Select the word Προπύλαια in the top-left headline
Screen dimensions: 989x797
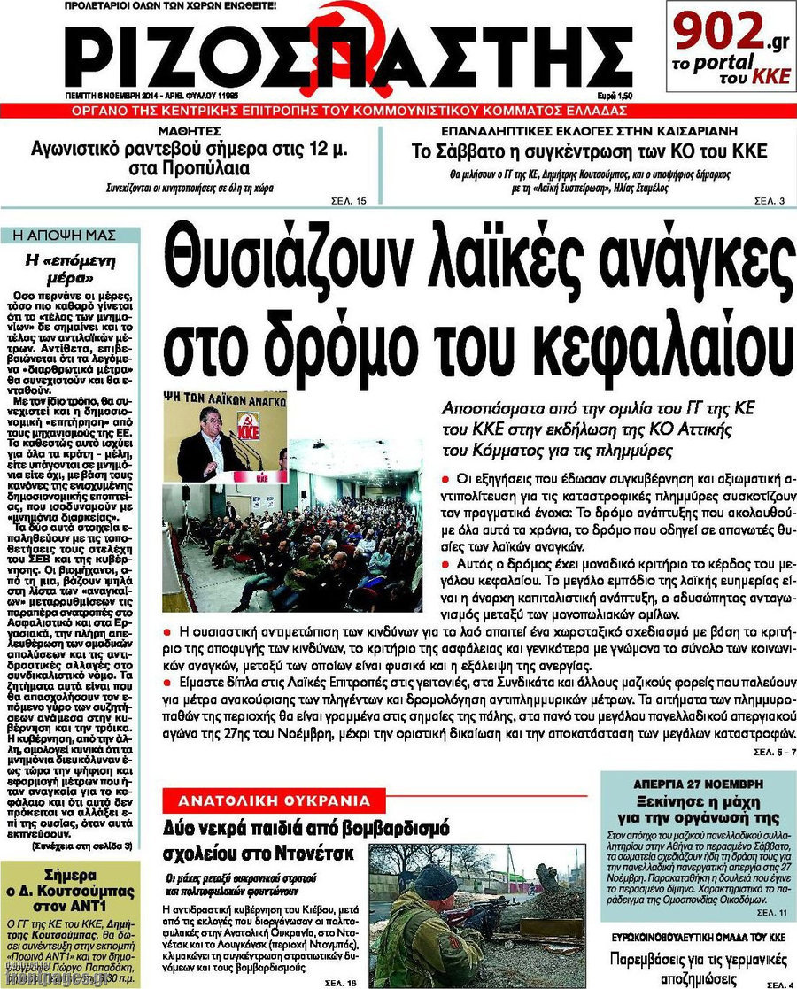[x=211, y=168]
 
